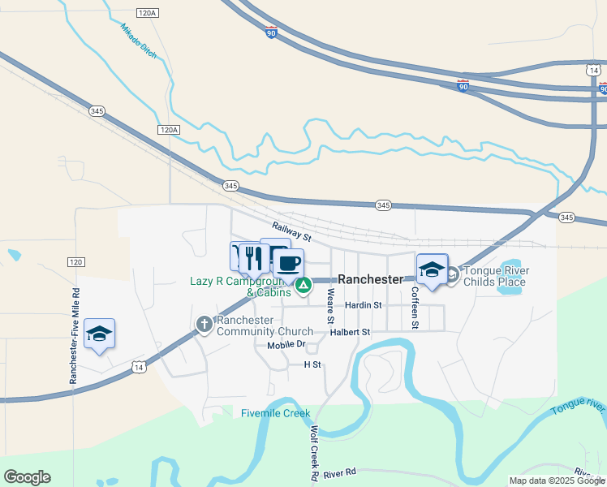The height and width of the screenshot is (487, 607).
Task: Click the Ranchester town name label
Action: [370, 279]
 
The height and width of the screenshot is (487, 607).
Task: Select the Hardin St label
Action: [363, 305]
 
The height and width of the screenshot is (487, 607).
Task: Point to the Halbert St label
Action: [350, 332]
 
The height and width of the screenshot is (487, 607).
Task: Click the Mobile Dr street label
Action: [286, 344]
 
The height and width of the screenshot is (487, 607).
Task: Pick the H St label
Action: [312, 365]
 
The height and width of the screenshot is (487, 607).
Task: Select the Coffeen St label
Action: [414, 307]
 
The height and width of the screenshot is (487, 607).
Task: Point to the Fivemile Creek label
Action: [276, 413]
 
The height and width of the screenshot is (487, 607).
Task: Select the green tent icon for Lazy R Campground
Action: [303, 285]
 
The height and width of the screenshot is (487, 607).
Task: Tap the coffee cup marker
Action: [289, 263]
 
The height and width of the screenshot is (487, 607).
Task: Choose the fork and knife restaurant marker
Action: [255, 258]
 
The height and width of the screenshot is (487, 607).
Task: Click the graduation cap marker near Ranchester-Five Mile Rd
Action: [99, 334]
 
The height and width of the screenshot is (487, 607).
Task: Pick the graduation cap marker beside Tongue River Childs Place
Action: [432, 269]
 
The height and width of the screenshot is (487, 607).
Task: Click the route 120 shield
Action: [75, 262]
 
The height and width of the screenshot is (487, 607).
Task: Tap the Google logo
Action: [27, 477]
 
